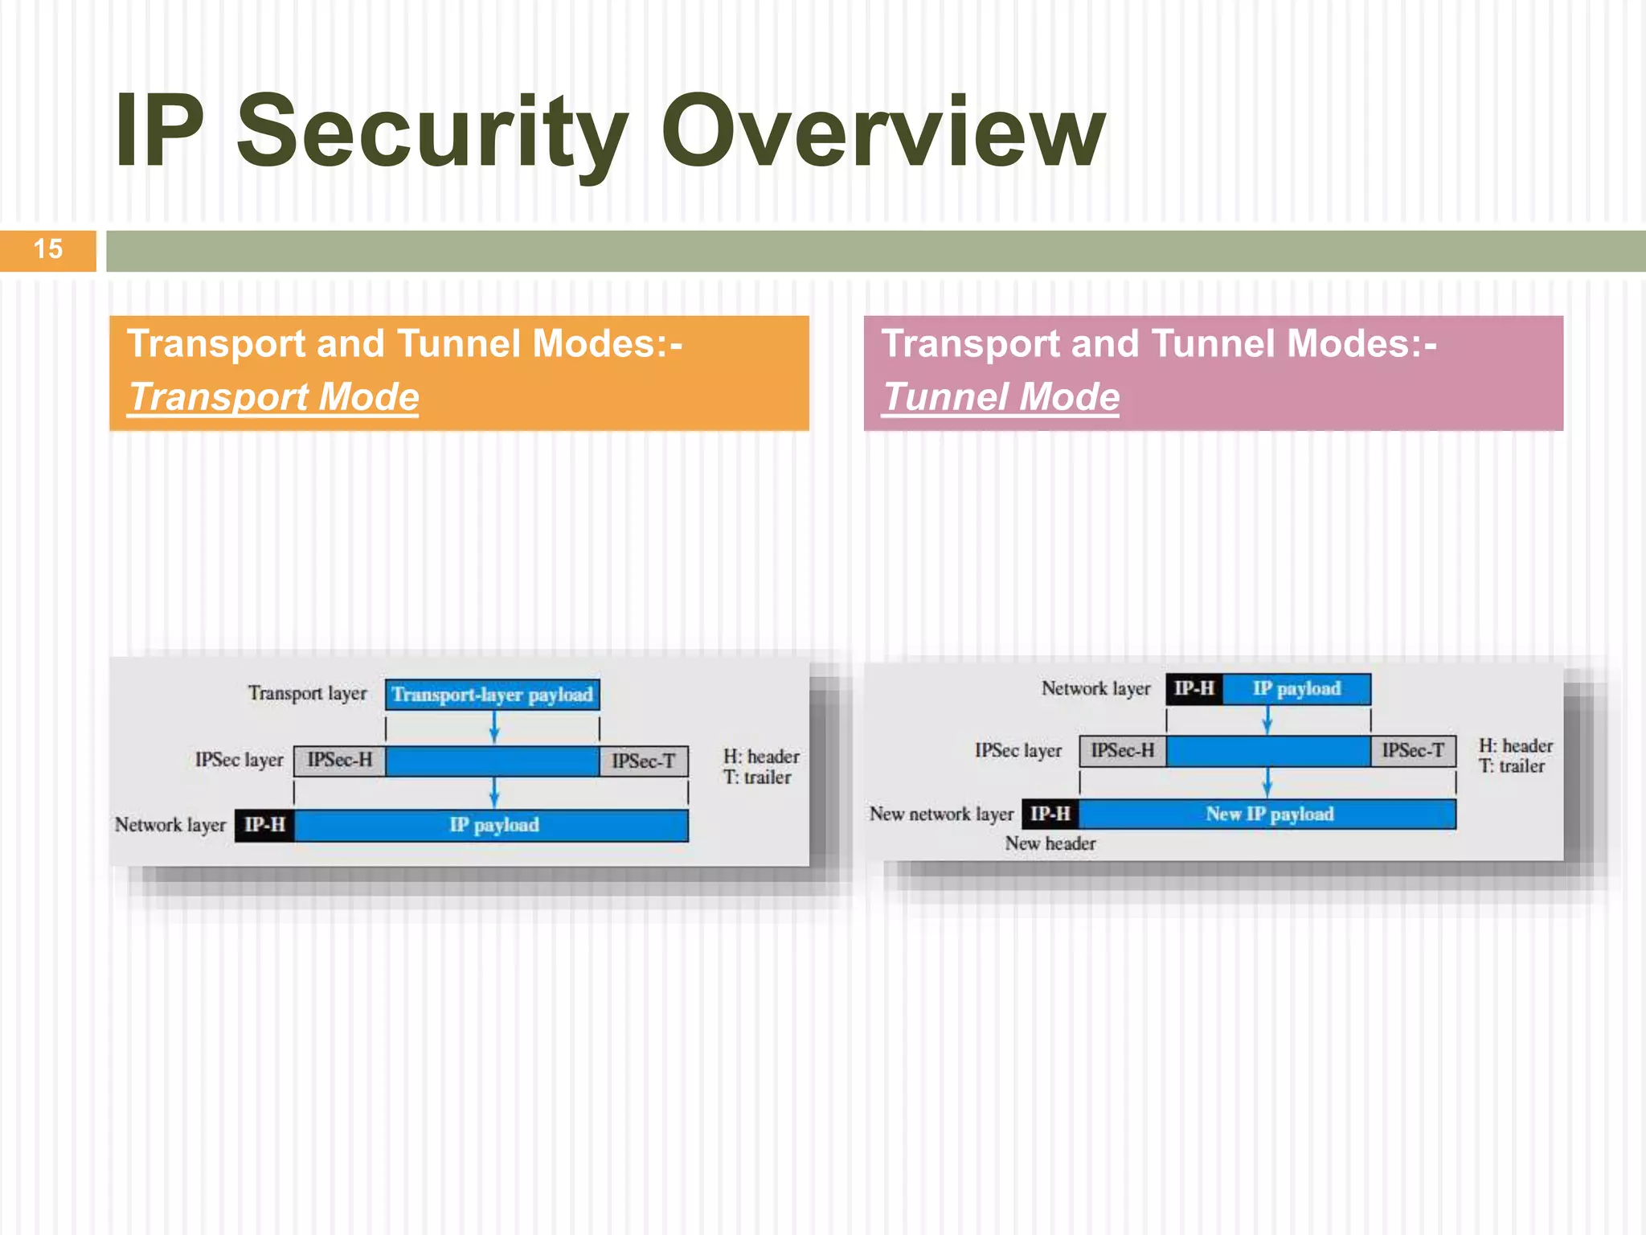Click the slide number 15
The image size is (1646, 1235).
click(x=48, y=249)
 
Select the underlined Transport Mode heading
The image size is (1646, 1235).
click(x=274, y=397)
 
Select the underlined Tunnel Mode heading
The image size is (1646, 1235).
click(x=1001, y=397)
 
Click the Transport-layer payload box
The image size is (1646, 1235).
click(x=492, y=695)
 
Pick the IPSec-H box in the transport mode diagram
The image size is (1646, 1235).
click(x=339, y=761)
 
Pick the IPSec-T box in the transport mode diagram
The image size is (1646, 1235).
click(x=643, y=761)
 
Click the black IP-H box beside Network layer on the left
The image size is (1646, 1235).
click(x=264, y=825)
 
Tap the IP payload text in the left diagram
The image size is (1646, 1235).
click(x=493, y=825)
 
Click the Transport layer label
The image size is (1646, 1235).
click(x=307, y=693)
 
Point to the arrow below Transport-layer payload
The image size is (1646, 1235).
click(x=494, y=727)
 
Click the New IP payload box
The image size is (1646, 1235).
click(x=1268, y=814)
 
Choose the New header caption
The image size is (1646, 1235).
click(x=1050, y=843)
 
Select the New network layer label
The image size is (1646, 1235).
click(x=941, y=814)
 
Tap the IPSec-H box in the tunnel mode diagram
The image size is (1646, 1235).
click(x=1122, y=751)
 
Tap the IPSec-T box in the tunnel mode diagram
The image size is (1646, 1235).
click(x=1412, y=751)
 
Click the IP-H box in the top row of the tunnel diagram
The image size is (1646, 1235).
click(x=1194, y=689)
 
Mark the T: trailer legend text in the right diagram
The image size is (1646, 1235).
click(x=1511, y=766)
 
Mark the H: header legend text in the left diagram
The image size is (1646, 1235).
click(x=760, y=757)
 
